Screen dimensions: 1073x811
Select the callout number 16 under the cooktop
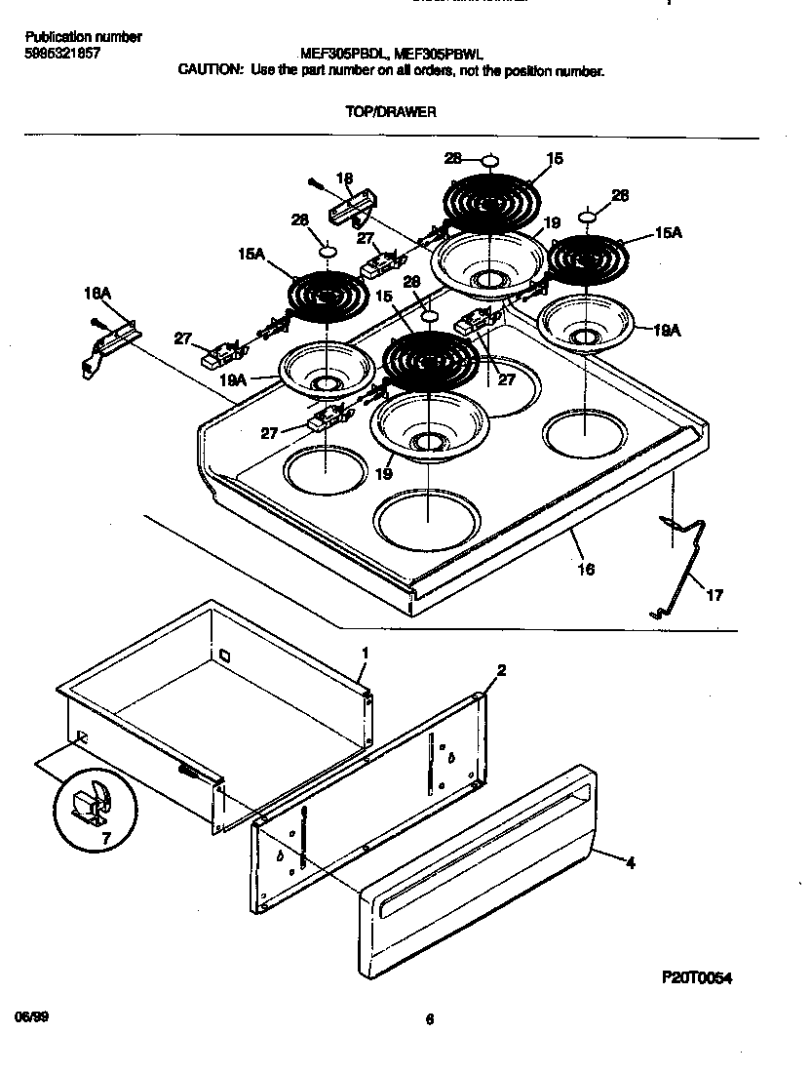[x=586, y=569]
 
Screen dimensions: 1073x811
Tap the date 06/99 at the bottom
[x=31, y=1016]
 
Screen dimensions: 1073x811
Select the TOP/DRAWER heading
[x=390, y=111]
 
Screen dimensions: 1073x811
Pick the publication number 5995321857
[x=60, y=55]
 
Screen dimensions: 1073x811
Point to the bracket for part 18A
[x=107, y=346]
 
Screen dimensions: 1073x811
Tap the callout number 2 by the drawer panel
[x=501, y=670]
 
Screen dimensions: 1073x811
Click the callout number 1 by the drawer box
[x=365, y=652]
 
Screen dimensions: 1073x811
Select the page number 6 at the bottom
[x=429, y=1020]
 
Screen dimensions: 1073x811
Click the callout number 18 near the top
[x=344, y=179]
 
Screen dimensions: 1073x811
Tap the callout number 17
[x=714, y=595]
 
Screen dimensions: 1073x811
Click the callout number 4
[x=630, y=862]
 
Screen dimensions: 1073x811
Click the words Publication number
[x=82, y=37]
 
